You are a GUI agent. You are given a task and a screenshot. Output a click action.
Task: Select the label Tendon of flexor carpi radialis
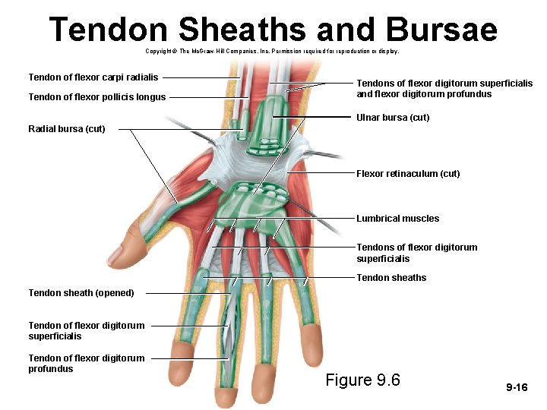click(x=93, y=77)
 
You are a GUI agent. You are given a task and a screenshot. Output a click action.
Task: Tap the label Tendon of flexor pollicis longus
click(x=96, y=97)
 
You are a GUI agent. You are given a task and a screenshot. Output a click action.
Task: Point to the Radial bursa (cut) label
click(x=67, y=129)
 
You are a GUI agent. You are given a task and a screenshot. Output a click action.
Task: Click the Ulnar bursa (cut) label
click(x=393, y=118)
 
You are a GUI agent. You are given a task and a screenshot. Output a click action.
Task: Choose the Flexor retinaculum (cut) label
click(x=408, y=174)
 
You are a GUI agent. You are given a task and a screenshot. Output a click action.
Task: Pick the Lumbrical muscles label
click(x=397, y=219)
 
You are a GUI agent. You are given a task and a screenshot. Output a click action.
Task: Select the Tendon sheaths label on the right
click(x=391, y=278)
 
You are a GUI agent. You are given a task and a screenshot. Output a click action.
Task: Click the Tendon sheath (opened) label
click(x=81, y=293)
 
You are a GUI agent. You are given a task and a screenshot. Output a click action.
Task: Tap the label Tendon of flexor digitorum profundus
click(x=86, y=364)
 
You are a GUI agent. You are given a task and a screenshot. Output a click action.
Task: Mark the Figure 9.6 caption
click(x=362, y=380)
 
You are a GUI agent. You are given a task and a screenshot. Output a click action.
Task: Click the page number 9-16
click(x=517, y=388)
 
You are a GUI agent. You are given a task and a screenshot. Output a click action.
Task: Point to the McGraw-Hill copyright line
click(x=271, y=52)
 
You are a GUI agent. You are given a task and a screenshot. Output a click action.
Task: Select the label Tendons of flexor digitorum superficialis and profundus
click(x=444, y=89)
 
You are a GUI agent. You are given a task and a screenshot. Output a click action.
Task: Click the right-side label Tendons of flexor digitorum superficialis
click(x=417, y=253)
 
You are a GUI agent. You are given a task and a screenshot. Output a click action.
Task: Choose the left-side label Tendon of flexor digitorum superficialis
click(x=86, y=331)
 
